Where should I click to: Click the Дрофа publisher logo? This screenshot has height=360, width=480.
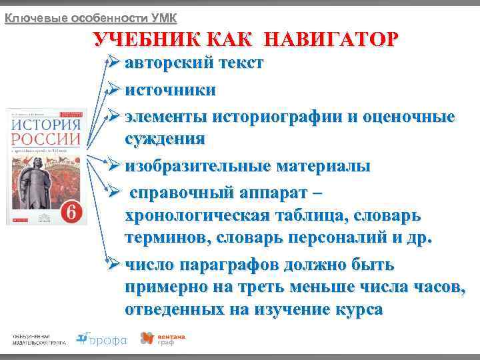pos(101,339)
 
